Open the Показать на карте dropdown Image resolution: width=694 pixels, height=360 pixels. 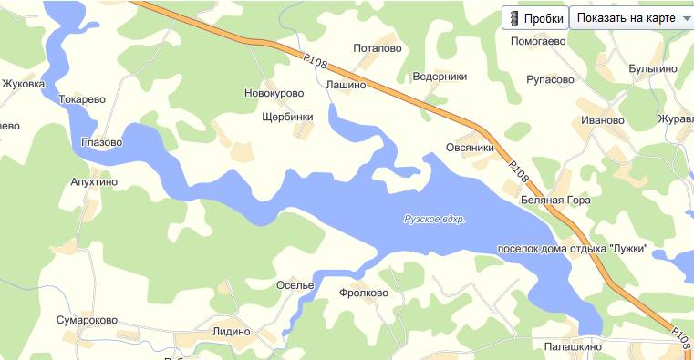pos(631,19)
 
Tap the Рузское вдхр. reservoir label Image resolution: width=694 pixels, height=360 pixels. pos(435,219)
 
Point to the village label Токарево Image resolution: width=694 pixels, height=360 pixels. pos(82,99)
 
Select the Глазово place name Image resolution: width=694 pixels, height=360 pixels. pos(101,142)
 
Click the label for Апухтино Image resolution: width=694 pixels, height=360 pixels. pos(94,181)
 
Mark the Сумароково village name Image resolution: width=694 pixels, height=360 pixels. pos(87,321)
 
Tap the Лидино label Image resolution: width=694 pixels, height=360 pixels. pos(231,331)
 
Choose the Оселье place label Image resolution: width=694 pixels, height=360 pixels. pos(295,285)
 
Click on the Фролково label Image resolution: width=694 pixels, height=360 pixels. pos(363,293)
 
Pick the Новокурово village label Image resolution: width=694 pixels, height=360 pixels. pos(274,93)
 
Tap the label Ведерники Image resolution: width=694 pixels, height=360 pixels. pos(440,77)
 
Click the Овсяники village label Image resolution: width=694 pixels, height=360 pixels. pos(470,148)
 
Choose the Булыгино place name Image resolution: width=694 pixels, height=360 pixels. pos(652,69)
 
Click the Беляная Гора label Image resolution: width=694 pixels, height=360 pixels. pos(555,201)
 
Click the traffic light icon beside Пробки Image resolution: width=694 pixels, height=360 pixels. pos(514,19)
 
